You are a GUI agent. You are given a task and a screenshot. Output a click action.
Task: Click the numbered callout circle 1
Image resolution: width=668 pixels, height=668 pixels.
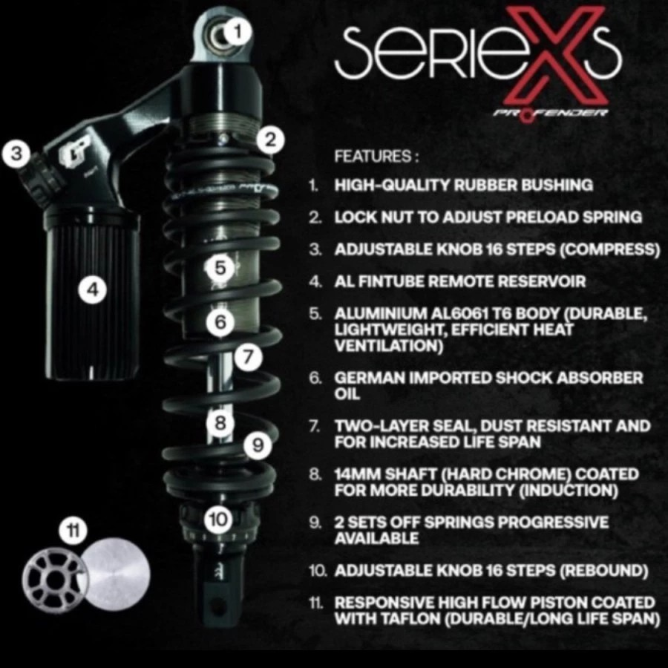[x=238, y=31]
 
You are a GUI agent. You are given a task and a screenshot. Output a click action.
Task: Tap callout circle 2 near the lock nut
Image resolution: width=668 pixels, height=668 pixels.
[x=272, y=139]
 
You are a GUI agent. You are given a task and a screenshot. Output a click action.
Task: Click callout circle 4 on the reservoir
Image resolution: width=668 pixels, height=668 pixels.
[x=93, y=290]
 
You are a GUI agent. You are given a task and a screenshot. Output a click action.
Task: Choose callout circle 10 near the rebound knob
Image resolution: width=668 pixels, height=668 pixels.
[x=218, y=519]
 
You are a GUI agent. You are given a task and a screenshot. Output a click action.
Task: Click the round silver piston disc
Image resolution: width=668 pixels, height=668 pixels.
[x=115, y=572]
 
